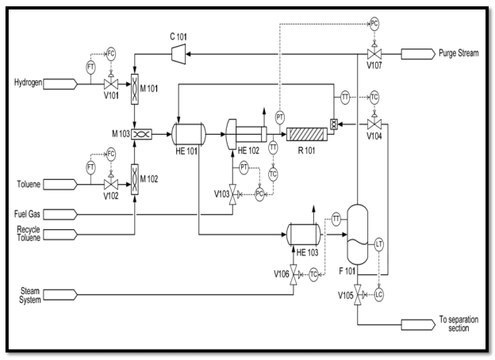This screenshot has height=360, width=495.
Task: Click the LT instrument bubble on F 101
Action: pos(379,244)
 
